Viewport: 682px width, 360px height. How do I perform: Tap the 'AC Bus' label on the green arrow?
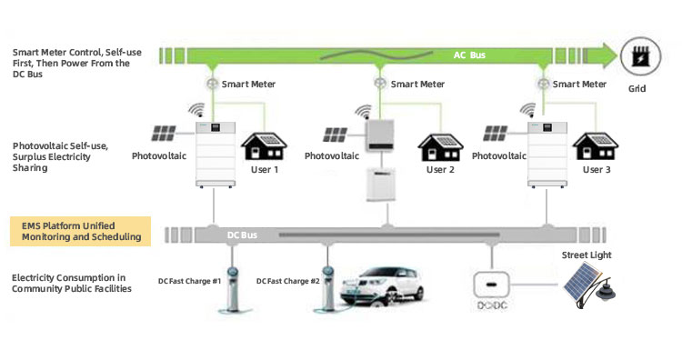pyautogui.click(x=471, y=55)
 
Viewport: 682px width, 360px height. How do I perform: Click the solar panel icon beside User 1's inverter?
pyautogui.click(x=165, y=135)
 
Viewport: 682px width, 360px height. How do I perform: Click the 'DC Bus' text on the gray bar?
pyautogui.click(x=243, y=235)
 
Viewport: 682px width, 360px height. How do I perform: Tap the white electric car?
pyautogui.click(x=384, y=288)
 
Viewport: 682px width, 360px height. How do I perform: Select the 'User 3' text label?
pyautogui.click(x=597, y=169)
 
